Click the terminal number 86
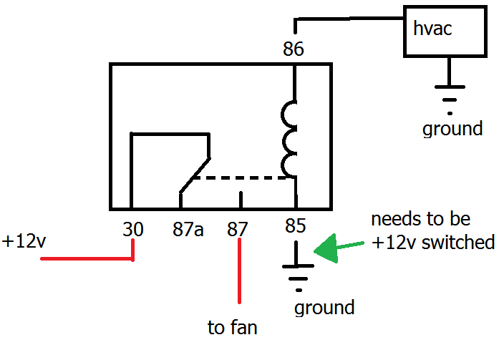(x=294, y=49)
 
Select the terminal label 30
(x=132, y=230)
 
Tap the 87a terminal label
(x=188, y=230)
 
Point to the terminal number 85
(x=294, y=226)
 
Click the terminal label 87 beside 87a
(x=238, y=230)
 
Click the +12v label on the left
(x=24, y=241)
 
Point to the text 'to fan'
(x=233, y=329)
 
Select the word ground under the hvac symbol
(x=452, y=130)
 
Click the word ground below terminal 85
(x=324, y=308)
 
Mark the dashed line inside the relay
(x=243, y=177)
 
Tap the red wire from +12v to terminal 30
(x=86, y=258)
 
